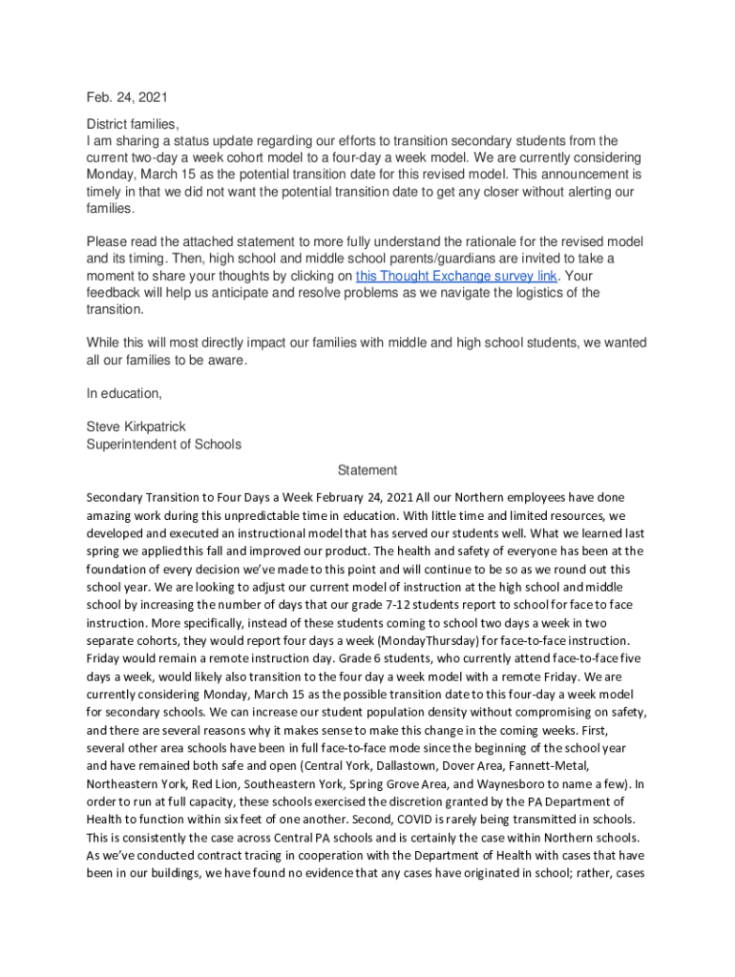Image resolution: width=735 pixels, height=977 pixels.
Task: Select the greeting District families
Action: pyautogui.click(x=133, y=124)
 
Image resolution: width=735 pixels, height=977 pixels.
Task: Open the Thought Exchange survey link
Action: pyautogui.click(x=456, y=276)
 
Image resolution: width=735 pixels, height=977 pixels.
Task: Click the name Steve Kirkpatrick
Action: pyautogui.click(x=136, y=426)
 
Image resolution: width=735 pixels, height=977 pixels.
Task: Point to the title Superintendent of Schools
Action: pyautogui.click(x=163, y=444)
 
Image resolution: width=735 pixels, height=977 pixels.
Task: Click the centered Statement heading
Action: pyautogui.click(x=367, y=470)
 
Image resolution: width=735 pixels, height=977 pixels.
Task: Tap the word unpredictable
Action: pyautogui.click(x=262, y=515)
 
